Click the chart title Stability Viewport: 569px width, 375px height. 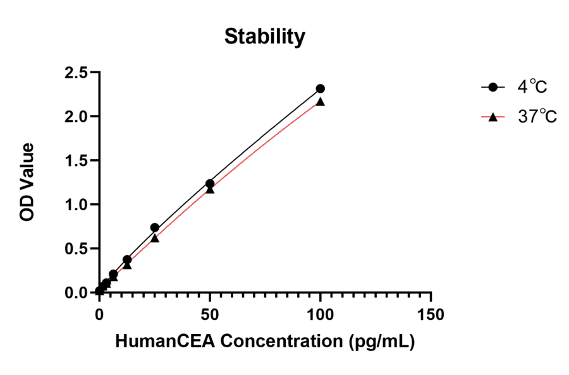point(264,37)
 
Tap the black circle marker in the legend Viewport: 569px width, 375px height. point(494,87)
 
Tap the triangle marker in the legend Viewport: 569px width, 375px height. point(494,117)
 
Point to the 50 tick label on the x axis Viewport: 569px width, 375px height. point(210,314)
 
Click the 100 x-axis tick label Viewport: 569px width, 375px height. point(321,314)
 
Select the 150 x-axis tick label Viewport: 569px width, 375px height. point(431,314)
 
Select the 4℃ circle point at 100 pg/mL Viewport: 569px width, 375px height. point(321,89)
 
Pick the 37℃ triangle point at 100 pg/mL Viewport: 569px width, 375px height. point(321,102)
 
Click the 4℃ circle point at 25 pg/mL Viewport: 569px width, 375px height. point(154,227)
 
